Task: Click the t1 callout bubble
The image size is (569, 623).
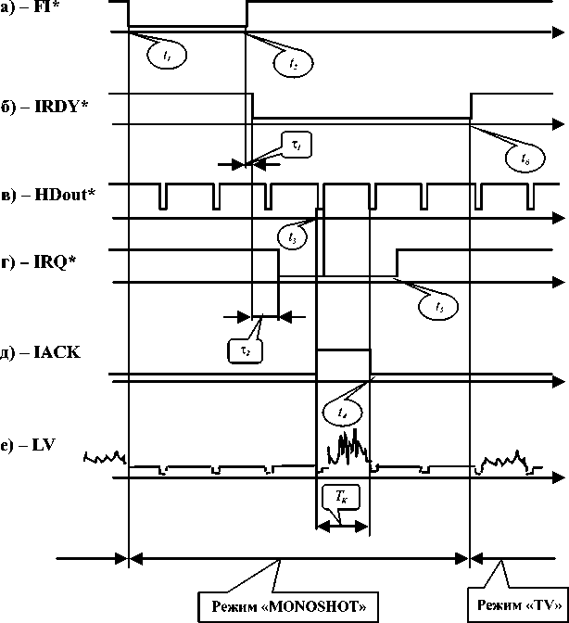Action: click(167, 56)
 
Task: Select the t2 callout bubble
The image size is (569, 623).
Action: click(293, 62)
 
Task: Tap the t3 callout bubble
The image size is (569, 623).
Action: click(293, 237)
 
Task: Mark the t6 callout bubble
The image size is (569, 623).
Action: click(525, 159)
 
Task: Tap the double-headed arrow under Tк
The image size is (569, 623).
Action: click(343, 526)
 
